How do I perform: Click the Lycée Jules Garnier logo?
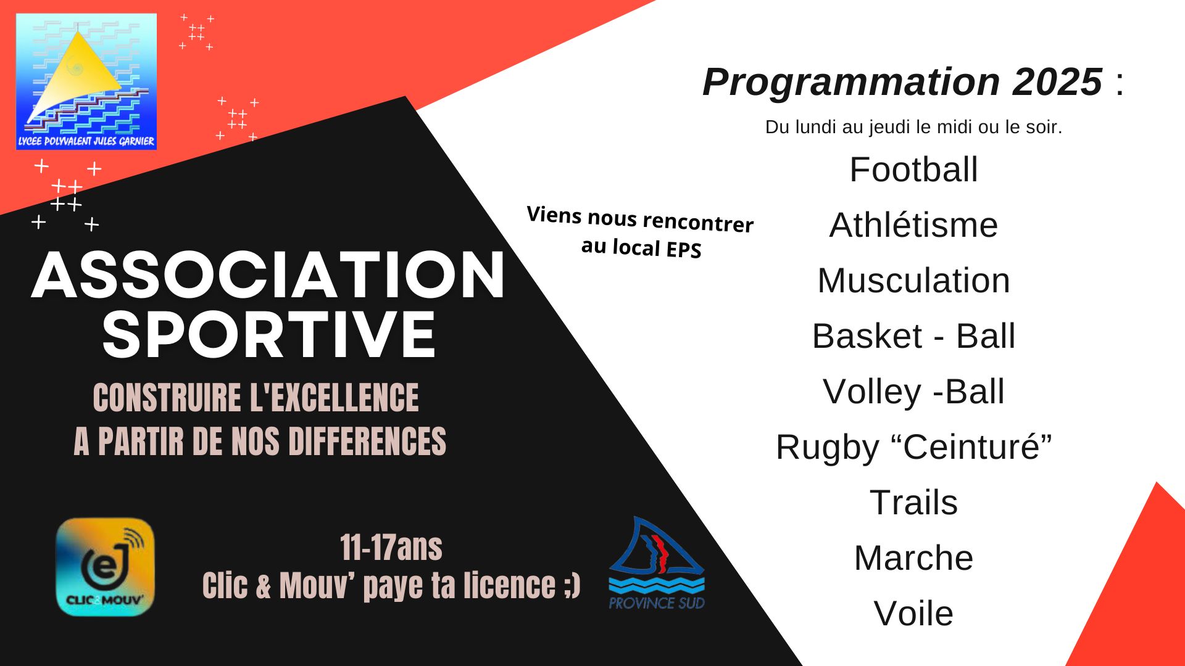click(86, 81)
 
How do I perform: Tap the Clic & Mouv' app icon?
click(105, 567)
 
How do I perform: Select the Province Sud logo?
click(657, 564)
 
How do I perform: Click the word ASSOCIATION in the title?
click(268, 276)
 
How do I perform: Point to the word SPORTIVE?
click(269, 334)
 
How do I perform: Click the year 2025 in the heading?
click(1057, 81)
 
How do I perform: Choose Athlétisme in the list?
click(913, 224)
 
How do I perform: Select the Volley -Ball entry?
click(913, 391)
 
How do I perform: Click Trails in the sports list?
click(913, 502)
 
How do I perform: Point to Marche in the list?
click(913, 557)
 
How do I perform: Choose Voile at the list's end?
click(913, 613)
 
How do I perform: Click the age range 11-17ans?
click(391, 547)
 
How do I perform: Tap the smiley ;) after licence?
click(572, 585)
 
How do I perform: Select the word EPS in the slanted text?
click(683, 250)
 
